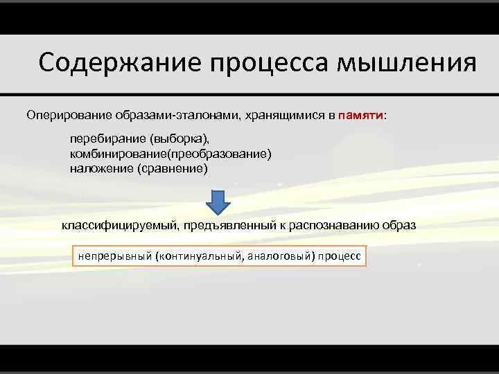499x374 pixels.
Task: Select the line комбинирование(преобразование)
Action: point(171,154)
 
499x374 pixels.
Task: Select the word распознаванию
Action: point(339,226)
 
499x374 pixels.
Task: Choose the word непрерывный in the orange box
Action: point(114,256)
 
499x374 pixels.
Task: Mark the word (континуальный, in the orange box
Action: point(200,256)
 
